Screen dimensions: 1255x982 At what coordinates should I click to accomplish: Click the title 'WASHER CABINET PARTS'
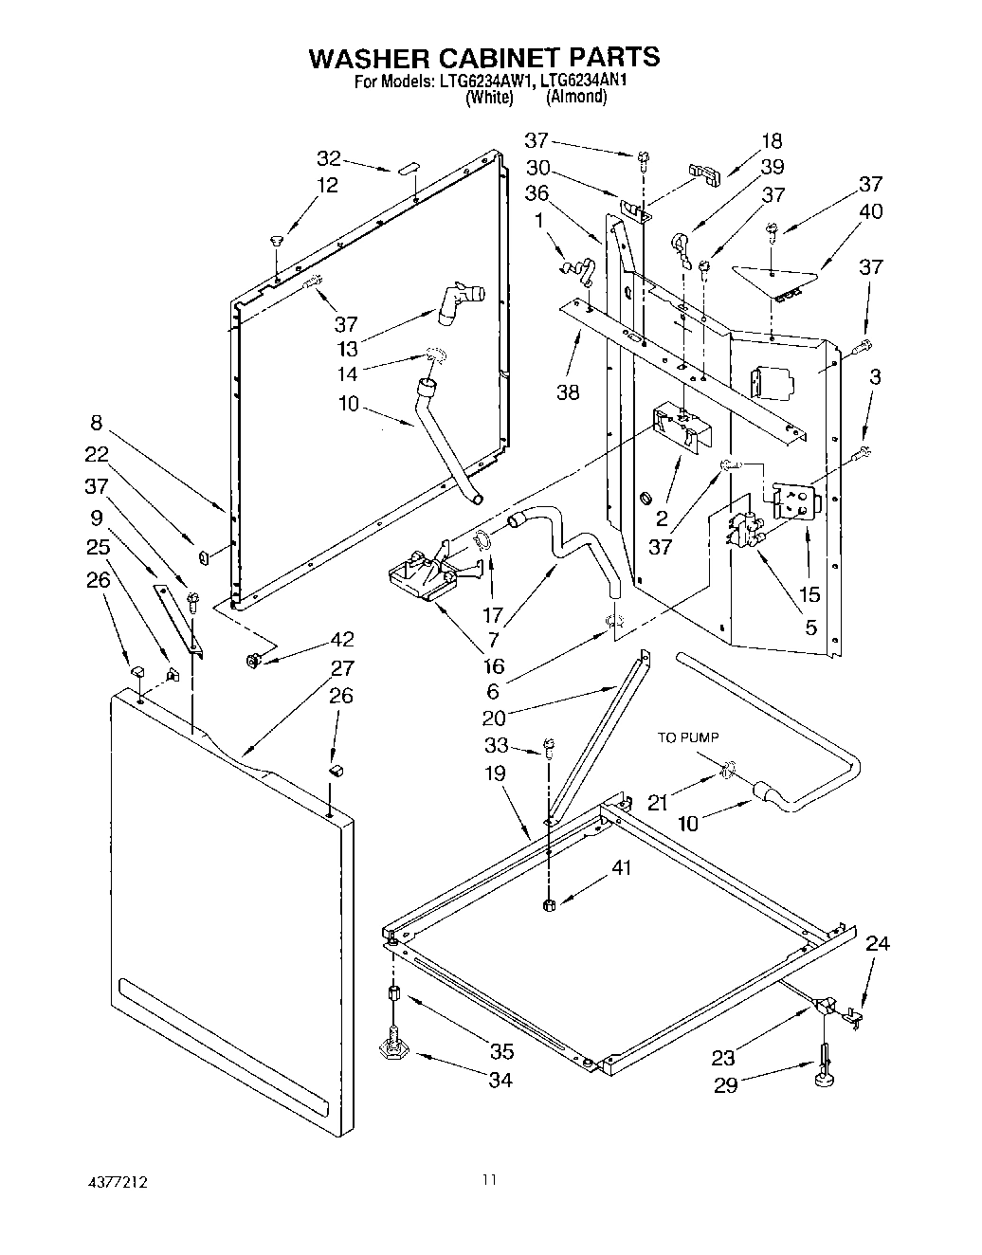(x=483, y=57)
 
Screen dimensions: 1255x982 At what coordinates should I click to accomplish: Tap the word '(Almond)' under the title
(x=576, y=97)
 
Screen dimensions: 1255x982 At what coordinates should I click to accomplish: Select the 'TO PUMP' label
(x=689, y=737)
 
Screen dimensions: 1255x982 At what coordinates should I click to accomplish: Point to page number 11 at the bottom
(x=488, y=1180)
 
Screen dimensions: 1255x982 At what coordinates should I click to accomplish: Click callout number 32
(x=328, y=158)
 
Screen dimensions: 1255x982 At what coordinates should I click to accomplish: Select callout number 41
(x=621, y=866)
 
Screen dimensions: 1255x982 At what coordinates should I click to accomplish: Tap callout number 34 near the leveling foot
(x=500, y=1080)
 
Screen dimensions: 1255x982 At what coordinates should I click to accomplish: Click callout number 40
(x=869, y=210)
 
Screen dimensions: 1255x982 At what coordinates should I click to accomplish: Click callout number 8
(x=97, y=423)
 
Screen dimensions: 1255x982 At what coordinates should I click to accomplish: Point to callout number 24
(x=878, y=943)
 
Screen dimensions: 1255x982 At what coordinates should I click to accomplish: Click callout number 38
(x=567, y=391)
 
